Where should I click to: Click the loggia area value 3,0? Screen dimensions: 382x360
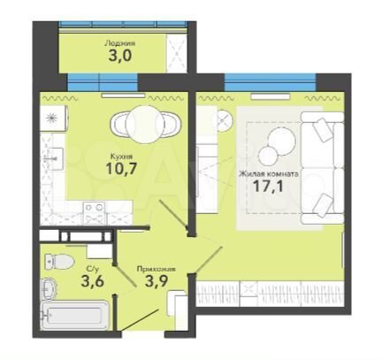point(119,56)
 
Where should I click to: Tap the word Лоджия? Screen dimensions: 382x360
point(120,43)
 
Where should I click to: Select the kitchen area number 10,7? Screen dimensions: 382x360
point(121,169)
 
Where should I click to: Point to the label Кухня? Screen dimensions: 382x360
point(121,156)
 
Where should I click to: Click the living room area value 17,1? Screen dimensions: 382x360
point(268,186)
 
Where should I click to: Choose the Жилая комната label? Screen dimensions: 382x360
point(269,173)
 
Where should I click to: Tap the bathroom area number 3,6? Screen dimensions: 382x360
point(92,281)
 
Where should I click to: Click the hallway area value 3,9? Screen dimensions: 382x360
point(157,280)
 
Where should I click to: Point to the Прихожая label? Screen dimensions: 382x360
point(157,269)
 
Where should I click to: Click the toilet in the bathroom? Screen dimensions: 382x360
point(59,261)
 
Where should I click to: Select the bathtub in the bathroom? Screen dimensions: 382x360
point(74,316)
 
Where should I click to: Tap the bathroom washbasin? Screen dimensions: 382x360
point(50,287)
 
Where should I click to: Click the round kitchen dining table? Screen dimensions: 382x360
point(144,125)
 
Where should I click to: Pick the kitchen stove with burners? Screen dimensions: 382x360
point(95,212)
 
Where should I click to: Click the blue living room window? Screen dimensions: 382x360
point(270,82)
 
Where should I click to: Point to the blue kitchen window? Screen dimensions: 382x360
point(103,82)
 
